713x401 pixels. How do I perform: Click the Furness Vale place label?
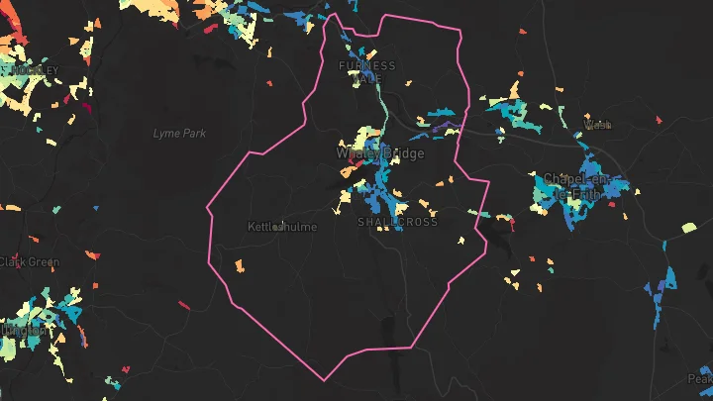click(366, 71)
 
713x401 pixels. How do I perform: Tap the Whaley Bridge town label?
click(380, 154)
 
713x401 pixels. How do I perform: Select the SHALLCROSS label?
click(397, 223)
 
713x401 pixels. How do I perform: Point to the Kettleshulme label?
click(282, 227)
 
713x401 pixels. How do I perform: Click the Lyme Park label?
click(180, 133)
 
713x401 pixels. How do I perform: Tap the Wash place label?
click(598, 126)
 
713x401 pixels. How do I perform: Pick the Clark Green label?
click(30, 262)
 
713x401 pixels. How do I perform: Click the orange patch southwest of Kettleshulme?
click(239, 265)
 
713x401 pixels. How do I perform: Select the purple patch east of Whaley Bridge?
click(443, 128)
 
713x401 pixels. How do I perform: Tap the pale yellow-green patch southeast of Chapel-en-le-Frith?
click(689, 228)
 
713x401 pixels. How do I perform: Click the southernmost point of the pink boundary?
click(323, 380)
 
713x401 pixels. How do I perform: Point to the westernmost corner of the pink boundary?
click(206, 209)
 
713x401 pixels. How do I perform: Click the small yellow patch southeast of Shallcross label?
click(460, 240)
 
